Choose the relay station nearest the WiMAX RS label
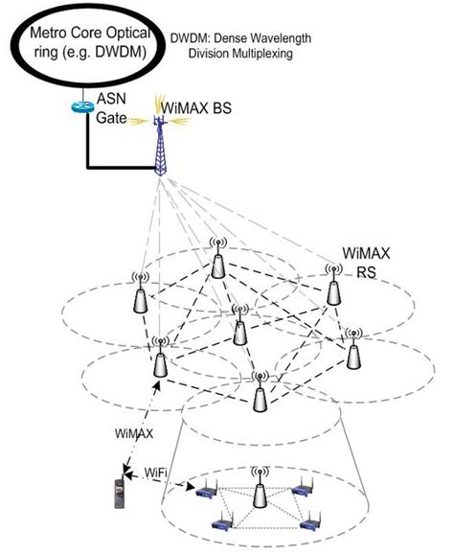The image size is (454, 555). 332,288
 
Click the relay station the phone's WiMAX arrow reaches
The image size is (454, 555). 159,359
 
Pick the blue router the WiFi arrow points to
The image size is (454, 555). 204,493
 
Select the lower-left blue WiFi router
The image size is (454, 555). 220,524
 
